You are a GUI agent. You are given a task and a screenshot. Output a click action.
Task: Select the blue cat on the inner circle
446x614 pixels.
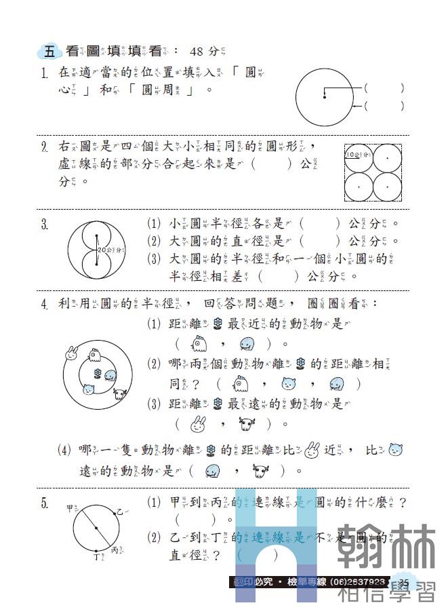coord(87,389)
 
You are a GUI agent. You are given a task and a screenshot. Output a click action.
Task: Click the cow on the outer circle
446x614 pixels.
coord(121,394)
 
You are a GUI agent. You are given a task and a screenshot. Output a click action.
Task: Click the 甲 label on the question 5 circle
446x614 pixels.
coord(70,508)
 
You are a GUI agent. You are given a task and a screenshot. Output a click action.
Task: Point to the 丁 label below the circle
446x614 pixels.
coord(96,558)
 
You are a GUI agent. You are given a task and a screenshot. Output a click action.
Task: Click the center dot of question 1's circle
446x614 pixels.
coord(325,97)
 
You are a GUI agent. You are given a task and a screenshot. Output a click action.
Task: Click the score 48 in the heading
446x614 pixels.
coord(197,52)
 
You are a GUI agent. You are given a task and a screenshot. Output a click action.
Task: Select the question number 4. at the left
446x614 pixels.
coord(44,304)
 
